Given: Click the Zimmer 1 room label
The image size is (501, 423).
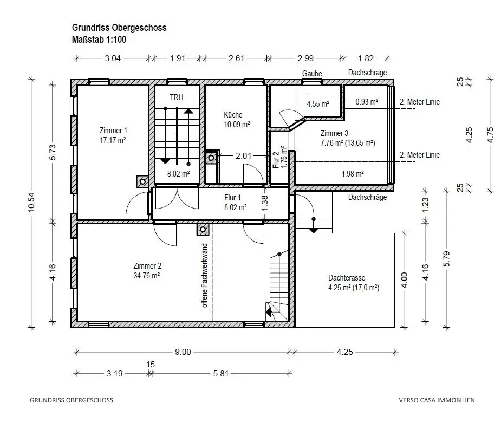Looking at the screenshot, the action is coord(113,131).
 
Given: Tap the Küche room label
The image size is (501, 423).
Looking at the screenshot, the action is coord(233,115).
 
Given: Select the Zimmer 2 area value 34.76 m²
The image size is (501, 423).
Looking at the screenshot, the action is coord(147,275).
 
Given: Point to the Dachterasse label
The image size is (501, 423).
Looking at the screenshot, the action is coord(347,278).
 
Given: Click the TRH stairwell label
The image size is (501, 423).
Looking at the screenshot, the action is coord(177,97).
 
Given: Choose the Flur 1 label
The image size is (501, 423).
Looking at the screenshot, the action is coord(232,198).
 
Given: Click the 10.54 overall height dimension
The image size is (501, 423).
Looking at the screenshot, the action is coord(31,202).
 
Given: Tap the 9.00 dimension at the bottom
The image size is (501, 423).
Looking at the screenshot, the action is coord(183,352).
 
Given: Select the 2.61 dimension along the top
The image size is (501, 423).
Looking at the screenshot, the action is coord(237,58).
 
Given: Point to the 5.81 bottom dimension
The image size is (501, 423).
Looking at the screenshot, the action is coord(221,374).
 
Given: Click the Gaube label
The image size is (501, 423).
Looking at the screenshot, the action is coord(312,74).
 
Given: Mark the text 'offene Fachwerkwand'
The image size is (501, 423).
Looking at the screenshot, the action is coord(205,275).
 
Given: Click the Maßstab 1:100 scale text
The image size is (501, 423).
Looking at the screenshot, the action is coord(99,40).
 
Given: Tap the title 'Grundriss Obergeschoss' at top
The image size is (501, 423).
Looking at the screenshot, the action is coord(119,28).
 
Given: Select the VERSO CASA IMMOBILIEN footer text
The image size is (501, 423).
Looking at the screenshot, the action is coord(437,400).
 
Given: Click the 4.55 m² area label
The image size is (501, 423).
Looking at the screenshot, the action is coord(318,104).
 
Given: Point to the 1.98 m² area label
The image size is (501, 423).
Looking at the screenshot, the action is coord(353,174).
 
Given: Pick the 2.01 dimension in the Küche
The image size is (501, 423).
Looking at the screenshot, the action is coord(244,156).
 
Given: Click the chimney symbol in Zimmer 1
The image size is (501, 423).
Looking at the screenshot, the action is coord(142,181).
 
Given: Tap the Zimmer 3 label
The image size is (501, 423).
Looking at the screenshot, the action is coord(334,133).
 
